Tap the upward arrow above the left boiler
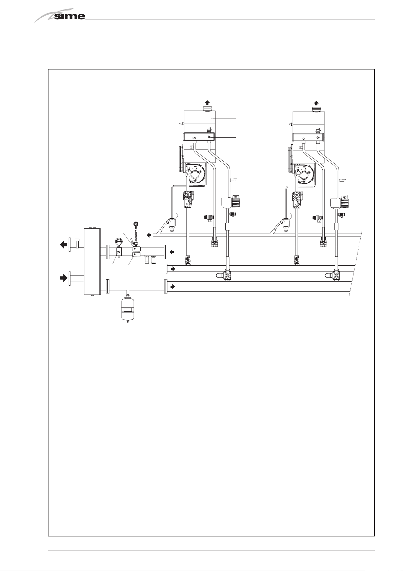207,102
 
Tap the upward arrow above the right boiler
316,103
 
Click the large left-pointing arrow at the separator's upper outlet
63,245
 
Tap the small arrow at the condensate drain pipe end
149,235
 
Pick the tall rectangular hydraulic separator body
92,261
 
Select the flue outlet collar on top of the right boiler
316,109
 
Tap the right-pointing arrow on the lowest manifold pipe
173,287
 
